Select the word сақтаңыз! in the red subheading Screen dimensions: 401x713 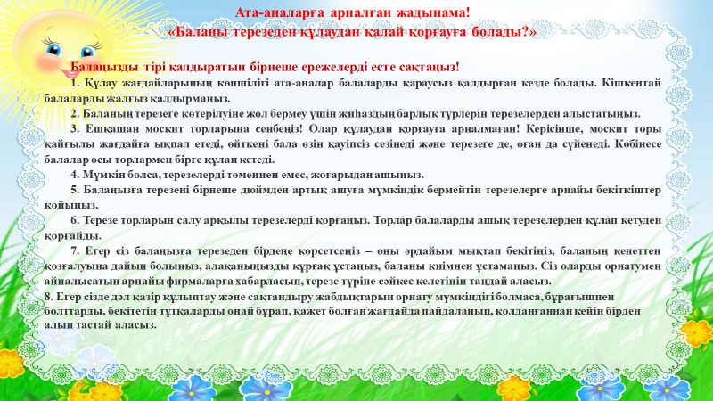point(432,67)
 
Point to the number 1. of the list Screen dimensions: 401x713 point(74,83)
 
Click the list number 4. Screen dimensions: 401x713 point(74,175)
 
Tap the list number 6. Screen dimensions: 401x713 point(74,220)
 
